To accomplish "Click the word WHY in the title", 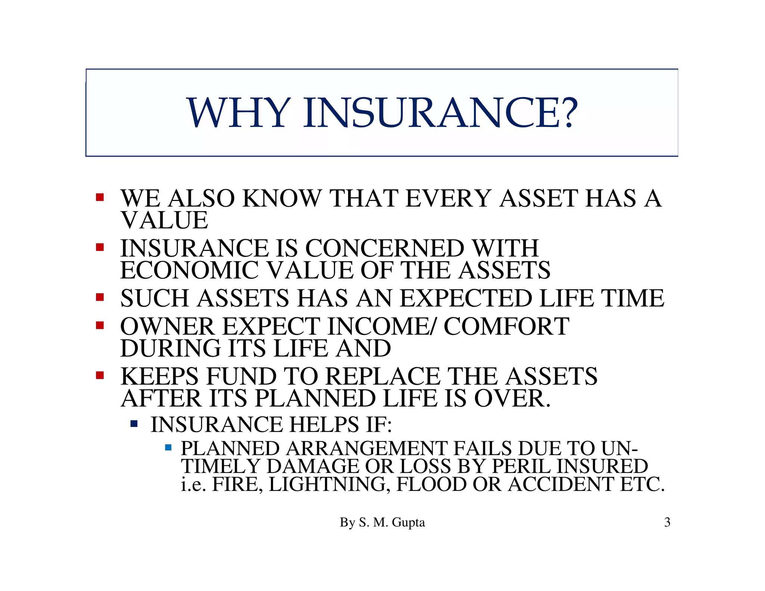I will click(239, 112).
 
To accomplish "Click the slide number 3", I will click(667, 522).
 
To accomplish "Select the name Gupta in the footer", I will click(408, 522).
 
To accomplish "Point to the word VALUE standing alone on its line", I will click(164, 220).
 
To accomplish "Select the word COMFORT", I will click(506, 326).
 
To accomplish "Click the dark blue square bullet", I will click(134, 424).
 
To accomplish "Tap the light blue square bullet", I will click(168, 447).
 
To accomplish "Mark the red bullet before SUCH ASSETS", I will click(100, 297).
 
